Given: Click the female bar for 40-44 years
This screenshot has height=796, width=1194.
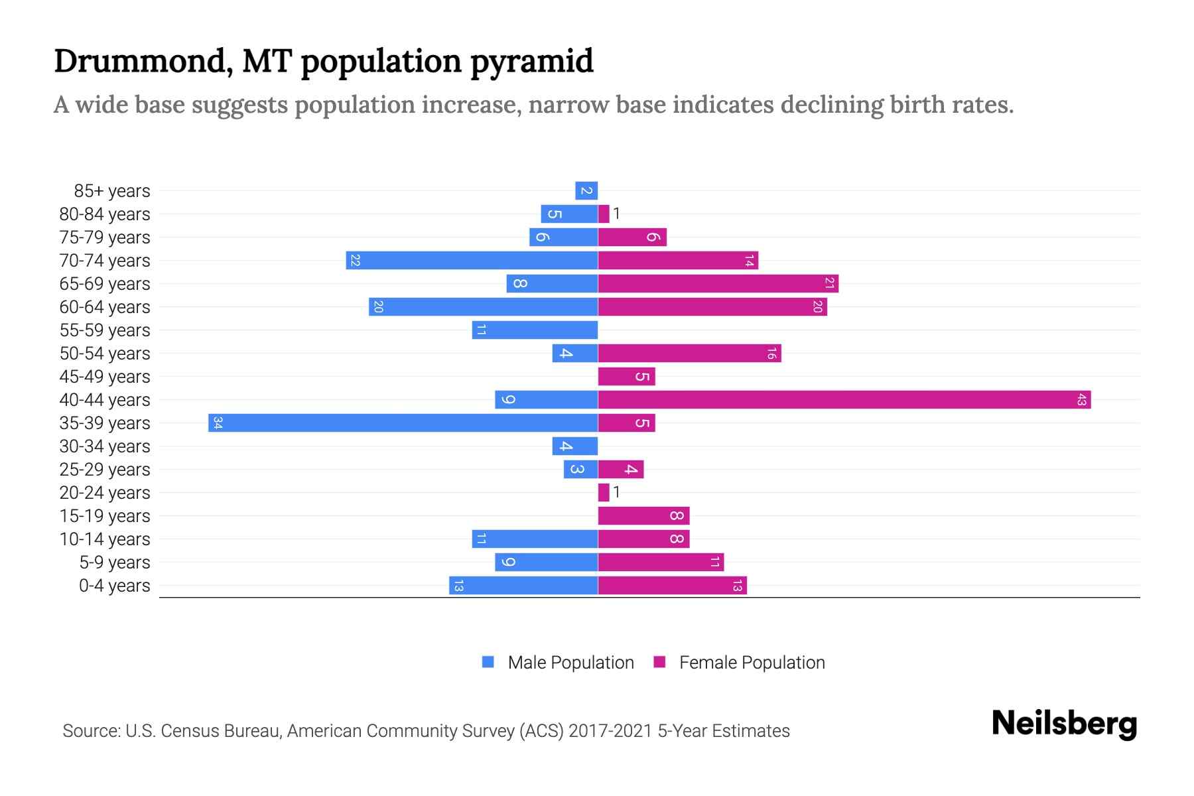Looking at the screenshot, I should coord(844,400).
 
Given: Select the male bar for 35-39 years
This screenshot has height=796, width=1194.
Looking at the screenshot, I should coord(403,423).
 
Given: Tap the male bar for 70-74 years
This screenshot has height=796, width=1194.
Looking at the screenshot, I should coord(472,261).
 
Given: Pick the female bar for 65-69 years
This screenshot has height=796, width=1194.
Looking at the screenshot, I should coord(718,284).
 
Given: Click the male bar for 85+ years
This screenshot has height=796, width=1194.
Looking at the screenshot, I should coord(586,191).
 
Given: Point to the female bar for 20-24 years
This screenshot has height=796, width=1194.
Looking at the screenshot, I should coord(604,493).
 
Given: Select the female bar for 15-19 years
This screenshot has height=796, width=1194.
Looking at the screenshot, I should coord(643,516).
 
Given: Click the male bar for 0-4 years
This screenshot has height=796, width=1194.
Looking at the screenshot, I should coord(523,586).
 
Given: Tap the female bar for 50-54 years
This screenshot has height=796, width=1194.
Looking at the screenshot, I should coord(689,354).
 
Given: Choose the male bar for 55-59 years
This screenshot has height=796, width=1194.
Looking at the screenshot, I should coord(535,330).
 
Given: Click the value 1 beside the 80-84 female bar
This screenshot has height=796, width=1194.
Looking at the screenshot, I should coord(616,214).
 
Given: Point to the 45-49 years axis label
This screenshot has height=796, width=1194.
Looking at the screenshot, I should coord(105,377).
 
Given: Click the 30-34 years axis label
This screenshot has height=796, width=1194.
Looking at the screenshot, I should coord(105,446).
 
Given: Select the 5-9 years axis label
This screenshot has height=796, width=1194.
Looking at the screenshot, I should coord(115,563).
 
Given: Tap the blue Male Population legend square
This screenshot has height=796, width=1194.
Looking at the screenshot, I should coord(488,662).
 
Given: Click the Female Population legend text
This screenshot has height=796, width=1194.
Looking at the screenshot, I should coord(752,663).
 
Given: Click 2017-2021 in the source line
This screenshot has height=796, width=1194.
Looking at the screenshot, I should coord(610,731).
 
